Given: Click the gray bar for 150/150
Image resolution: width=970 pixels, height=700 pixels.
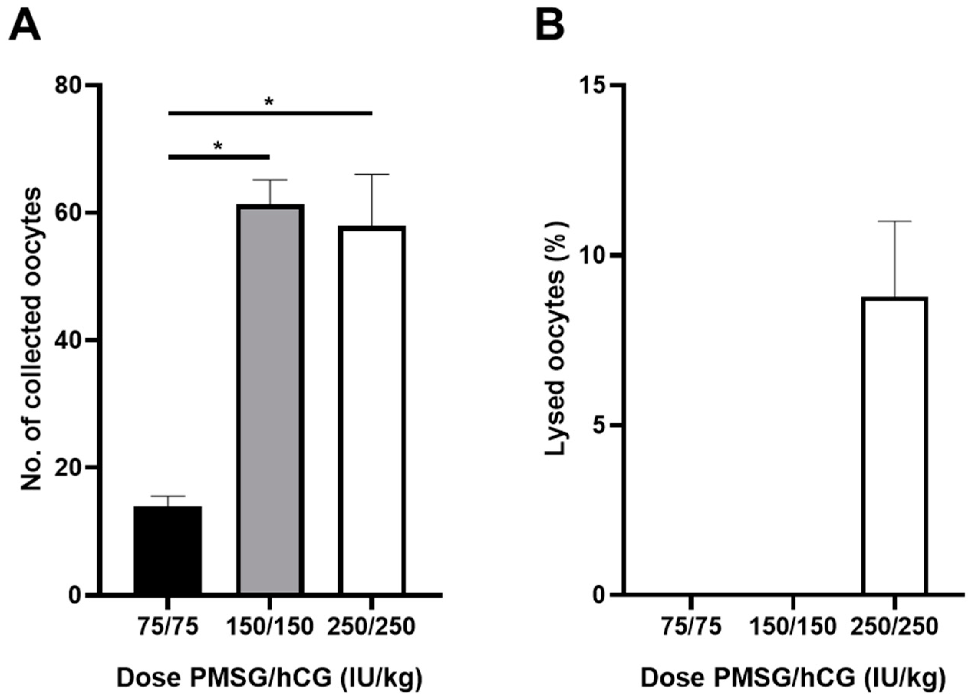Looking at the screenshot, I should [x=270, y=400].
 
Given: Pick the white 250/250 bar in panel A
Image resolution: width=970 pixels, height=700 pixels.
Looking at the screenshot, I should [x=372, y=410].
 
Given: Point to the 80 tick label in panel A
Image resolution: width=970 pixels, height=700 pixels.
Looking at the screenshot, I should [x=68, y=85].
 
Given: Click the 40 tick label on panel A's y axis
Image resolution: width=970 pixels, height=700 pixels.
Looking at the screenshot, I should [x=68, y=340].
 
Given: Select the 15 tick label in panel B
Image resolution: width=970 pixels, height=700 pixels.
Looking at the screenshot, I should [x=592, y=85].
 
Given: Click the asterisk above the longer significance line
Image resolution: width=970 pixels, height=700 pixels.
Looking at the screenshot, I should [x=268, y=102].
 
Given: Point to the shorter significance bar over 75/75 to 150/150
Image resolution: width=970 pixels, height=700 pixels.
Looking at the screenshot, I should [x=219, y=157].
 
